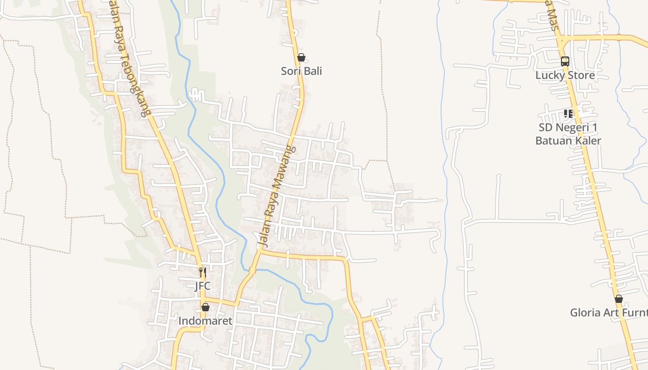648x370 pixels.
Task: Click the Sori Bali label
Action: [x=301, y=71]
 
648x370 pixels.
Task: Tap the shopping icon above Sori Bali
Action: [x=301, y=58]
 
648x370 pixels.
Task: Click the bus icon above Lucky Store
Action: [x=565, y=61]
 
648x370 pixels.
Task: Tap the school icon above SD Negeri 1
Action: [x=568, y=114]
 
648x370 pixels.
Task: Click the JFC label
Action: [x=202, y=286]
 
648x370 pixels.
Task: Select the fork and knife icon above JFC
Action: [x=202, y=272]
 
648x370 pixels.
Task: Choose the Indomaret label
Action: [x=205, y=321]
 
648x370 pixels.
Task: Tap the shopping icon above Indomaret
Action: [x=205, y=307]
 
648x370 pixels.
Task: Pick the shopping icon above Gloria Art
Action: [x=618, y=299]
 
